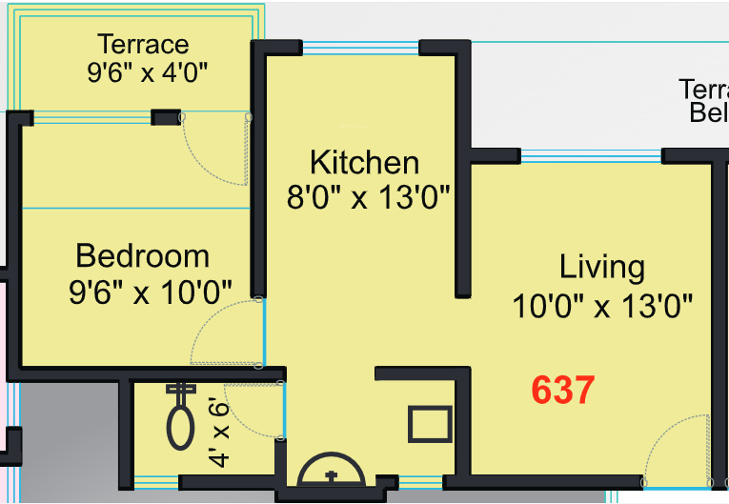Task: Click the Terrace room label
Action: [x=144, y=44]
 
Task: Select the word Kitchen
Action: [x=364, y=161]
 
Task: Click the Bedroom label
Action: [x=142, y=255]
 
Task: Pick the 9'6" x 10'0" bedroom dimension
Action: [x=150, y=292]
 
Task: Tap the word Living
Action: [x=601, y=267]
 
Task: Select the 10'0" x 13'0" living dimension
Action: [x=601, y=306]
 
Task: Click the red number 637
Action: [x=562, y=390]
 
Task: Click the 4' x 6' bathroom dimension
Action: [x=219, y=434]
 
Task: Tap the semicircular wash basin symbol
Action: [x=332, y=470]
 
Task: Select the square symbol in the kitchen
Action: [x=430, y=424]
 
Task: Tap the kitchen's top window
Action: [x=342, y=48]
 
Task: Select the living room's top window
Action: [x=591, y=156]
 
